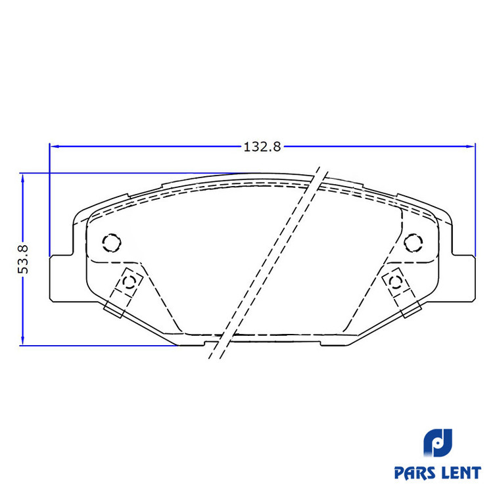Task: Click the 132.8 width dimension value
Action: click(x=262, y=147)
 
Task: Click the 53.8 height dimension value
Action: click(x=22, y=259)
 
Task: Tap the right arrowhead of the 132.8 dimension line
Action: click(x=470, y=146)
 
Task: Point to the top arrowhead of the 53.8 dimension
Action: click(x=22, y=179)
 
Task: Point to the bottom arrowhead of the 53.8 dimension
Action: click(x=22, y=340)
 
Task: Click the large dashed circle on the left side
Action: click(x=112, y=243)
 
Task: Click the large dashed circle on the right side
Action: click(x=413, y=243)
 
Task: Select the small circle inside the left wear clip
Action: click(x=129, y=282)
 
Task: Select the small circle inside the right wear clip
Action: click(x=395, y=282)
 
